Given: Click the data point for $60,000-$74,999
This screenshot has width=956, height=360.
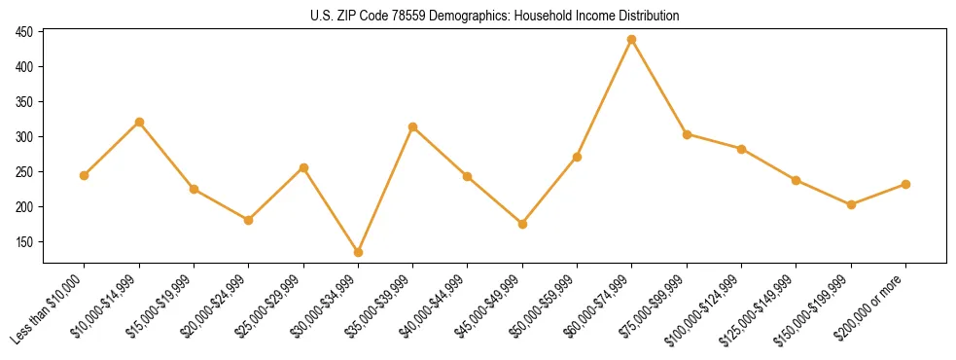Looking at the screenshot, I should tap(632, 39).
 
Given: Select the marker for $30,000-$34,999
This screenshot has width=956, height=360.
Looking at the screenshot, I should tap(358, 252).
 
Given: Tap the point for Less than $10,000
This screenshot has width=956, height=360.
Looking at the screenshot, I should tap(85, 175).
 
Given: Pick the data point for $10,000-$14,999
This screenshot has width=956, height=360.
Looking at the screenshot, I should tap(139, 122).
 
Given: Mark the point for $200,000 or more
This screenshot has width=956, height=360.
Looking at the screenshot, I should tap(905, 184).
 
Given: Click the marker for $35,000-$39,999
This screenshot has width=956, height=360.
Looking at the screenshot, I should tap(413, 126).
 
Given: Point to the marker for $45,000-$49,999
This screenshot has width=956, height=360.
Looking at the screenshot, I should tap(522, 224).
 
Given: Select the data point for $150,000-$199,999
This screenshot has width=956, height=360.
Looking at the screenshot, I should tap(851, 204).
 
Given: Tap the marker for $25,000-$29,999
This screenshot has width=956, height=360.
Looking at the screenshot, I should tap(303, 167).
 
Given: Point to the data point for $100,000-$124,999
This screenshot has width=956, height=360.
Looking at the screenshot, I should tap(741, 149).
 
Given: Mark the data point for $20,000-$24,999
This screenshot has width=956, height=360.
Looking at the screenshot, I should tap(249, 220).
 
